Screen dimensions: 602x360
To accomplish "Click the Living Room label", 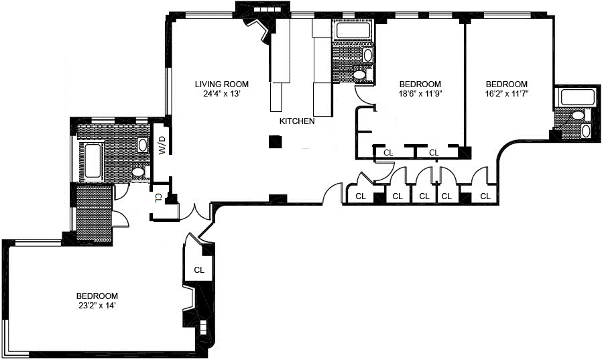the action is (x=221, y=84).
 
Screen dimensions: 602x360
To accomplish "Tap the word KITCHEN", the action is (x=297, y=121).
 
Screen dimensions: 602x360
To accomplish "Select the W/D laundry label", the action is (x=162, y=145).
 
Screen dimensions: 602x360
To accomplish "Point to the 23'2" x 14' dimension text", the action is (x=97, y=306).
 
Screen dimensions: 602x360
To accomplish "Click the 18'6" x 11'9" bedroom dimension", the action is (x=420, y=94).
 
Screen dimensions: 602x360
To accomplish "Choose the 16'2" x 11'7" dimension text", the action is (x=507, y=94).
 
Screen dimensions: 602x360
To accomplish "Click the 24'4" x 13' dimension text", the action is (x=221, y=94).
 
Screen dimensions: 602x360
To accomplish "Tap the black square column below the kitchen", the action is (x=276, y=141).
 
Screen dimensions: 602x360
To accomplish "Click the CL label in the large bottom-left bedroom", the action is (x=199, y=269).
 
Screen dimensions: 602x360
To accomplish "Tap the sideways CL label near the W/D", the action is (x=158, y=198).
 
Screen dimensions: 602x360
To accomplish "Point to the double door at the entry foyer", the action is (x=195, y=213).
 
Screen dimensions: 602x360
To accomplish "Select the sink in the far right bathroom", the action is (x=586, y=131).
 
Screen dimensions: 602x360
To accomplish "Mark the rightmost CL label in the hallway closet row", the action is (x=485, y=196).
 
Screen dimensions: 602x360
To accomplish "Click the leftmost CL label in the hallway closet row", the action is (x=361, y=196).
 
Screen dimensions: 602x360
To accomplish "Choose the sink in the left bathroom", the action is (x=143, y=145).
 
